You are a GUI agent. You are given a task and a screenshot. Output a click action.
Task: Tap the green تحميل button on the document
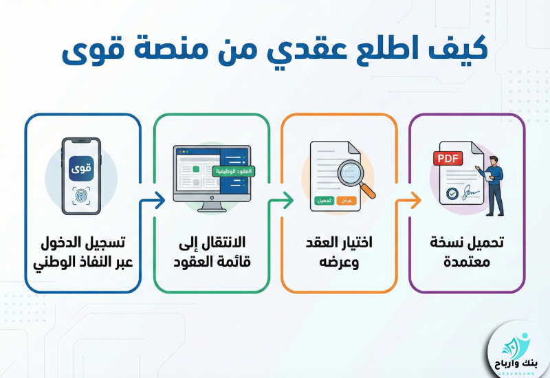click(x=324, y=200)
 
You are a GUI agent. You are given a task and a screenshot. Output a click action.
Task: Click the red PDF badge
click(x=449, y=158)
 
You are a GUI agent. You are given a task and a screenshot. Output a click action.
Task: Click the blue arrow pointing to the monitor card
click(x=152, y=201)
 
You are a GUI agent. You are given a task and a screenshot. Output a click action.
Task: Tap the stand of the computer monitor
click(x=211, y=205)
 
